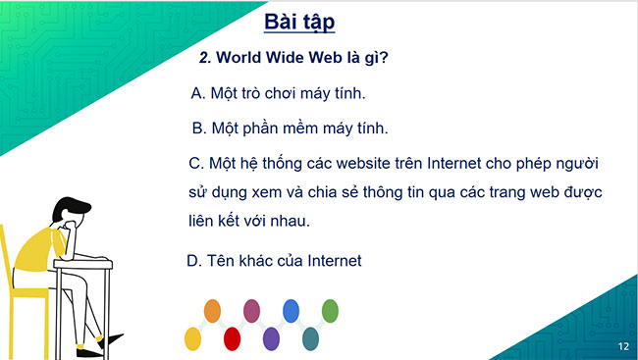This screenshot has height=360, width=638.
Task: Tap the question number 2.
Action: pyautogui.click(x=204, y=58)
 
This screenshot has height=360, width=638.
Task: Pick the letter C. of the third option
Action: pyautogui.click(x=194, y=161)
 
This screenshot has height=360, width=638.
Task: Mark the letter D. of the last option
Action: pyautogui.click(x=193, y=261)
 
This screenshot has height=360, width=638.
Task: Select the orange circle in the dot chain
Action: pyautogui.click(x=212, y=312)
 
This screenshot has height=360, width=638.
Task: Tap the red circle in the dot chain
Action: pyautogui.click(x=233, y=338)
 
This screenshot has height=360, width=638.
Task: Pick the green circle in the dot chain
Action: pyautogui.click(x=331, y=312)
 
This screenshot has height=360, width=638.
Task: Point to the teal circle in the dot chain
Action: pyautogui.click(x=310, y=338)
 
